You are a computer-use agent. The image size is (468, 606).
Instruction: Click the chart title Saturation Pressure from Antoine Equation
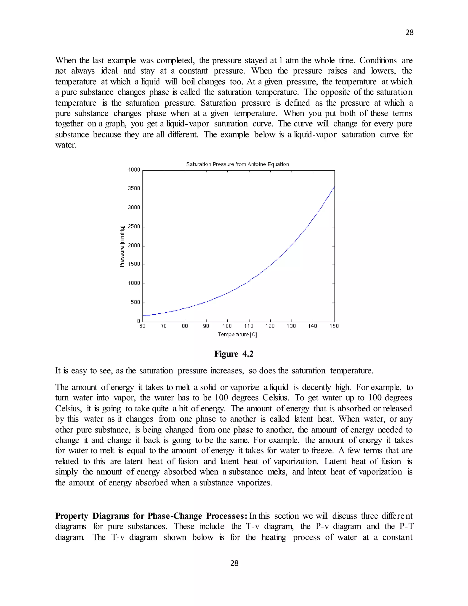click(x=237, y=164)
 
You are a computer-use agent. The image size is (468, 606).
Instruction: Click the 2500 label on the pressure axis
click(x=134, y=226)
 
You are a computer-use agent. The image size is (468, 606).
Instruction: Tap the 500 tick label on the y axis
click(x=136, y=302)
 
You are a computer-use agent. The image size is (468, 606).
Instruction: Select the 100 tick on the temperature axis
click(x=227, y=326)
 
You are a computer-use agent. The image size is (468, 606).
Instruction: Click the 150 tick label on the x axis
click(x=334, y=326)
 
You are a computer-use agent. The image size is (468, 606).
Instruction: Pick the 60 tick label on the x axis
click(x=142, y=326)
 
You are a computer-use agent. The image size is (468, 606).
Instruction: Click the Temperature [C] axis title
click(x=237, y=335)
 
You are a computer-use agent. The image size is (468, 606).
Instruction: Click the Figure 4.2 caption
click(x=234, y=354)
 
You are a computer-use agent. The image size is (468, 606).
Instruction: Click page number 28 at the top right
click(x=409, y=33)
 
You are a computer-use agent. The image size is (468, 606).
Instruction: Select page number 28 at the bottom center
click(x=234, y=563)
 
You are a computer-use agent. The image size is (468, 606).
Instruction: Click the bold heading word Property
click(x=72, y=516)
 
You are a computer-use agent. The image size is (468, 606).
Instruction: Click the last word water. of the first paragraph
click(x=66, y=145)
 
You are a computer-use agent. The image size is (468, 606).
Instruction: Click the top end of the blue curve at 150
click(x=334, y=187)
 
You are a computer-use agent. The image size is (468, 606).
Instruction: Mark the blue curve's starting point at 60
click(x=143, y=316)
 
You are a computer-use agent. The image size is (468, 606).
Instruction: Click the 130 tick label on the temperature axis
click(x=291, y=326)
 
